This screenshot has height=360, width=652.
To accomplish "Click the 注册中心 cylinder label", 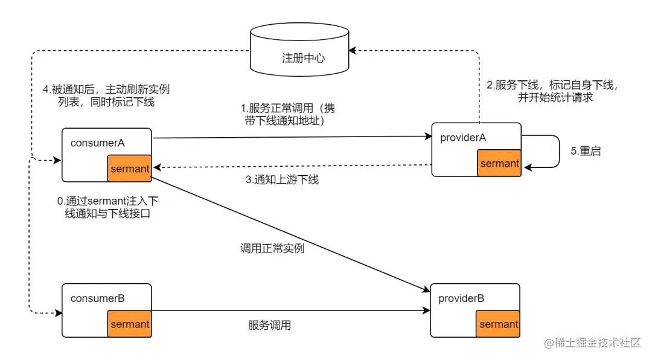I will (x=303, y=58).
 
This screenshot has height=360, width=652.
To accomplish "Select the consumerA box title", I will (x=98, y=143).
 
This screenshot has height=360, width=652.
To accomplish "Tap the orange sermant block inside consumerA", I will (x=129, y=169).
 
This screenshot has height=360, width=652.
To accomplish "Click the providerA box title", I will (x=463, y=138).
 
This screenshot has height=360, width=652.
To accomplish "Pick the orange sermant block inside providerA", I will (x=499, y=163).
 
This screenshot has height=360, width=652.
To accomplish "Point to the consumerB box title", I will (x=98, y=298).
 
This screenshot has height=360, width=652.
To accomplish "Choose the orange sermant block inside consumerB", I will (x=129, y=324).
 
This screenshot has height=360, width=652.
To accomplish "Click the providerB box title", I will (x=461, y=298).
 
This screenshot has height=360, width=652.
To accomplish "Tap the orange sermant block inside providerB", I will (x=498, y=324).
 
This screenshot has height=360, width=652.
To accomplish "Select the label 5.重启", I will (x=586, y=151).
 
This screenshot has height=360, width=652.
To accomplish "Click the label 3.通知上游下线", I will (x=281, y=179).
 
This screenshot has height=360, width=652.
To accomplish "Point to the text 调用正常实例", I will (x=272, y=248).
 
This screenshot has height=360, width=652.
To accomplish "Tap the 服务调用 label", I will (x=269, y=325).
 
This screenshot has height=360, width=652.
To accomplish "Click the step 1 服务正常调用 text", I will (x=287, y=115).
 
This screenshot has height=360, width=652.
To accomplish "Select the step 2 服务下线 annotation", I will (x=552, y=91).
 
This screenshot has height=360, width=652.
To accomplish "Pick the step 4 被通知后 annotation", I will (x=106, y=95).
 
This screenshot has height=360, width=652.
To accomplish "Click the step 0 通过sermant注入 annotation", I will (x=107, y=207).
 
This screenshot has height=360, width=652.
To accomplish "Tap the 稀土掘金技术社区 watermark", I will (x=592, y=343).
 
